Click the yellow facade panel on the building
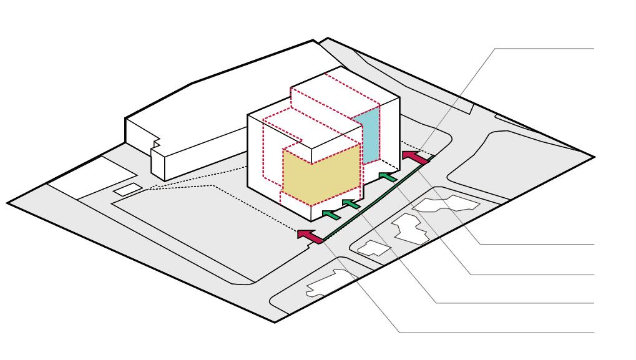pyautogui.click(x=321, y=175)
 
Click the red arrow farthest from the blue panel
pyautogui.click(x=310, y=236)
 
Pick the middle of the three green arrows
pyautogui.click(x=351, y=204)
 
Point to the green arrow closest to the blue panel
pyautogui.click(x=388, y=177)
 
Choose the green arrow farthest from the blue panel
pyautogui.click(x=331, y=215)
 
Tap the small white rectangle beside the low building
pyautogui.click(x=127, y=188)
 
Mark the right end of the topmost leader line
pyautogui.click(x=594, y=47)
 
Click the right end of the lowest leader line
pyautogui.click(x=594, y=332)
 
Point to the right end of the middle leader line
pyautogui.click(x=594, y=274)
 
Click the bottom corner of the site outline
pyautogui.click(x=275, y=323)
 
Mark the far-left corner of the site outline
pyautogui.click(x=7, y=202)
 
